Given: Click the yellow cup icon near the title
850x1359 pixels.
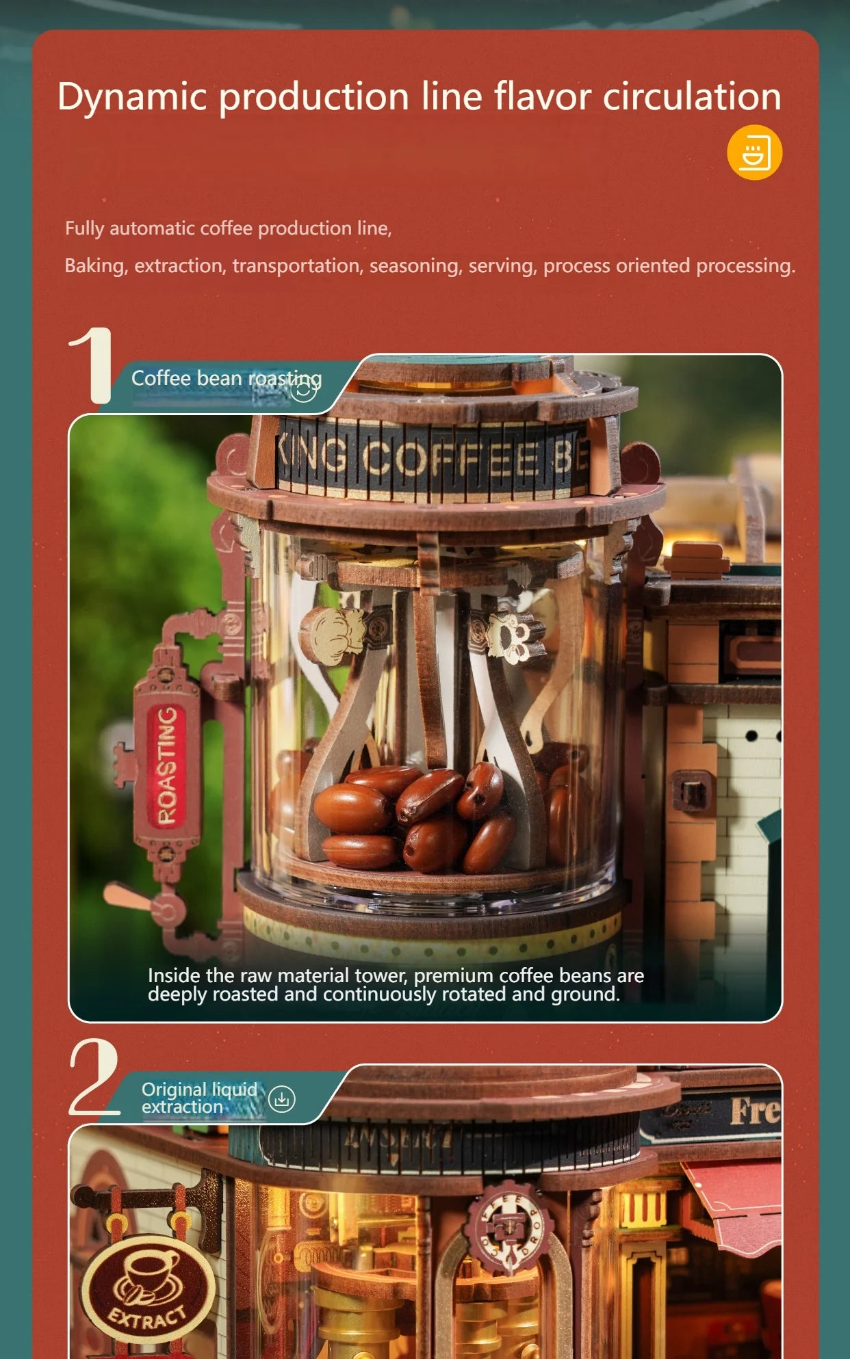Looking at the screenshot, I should pyautogui.click(x=754, y=153).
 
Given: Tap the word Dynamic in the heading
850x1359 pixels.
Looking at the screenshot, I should pyautogui.click(x=131, y=96).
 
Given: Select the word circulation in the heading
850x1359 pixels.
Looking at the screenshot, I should pyautogui.click(x=691, y=96).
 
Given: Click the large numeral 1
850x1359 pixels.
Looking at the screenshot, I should pyautogui.click(x=92, y=365).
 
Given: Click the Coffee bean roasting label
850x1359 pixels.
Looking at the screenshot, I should pyautogui.click(x=226, y=378).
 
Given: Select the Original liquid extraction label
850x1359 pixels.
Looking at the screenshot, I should pyautogui.click(x=198, y=1098).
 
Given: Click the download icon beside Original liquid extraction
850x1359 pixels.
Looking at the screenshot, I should pyautogui.click(x=282, y=1099).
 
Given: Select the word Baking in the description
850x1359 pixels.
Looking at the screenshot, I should pyautogui.click(x=95, y=265).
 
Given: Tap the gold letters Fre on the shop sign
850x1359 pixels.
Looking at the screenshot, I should pyautogui.click(x=754, y=1111).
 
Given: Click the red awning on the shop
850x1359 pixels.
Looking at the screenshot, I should pyautogui.click(x=736, y=1204).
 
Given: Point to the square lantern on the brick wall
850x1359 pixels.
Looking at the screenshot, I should pyautogui.click(x=693, y=792).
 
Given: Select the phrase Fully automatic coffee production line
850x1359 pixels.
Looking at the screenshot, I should pyautogui.click(x=228, y=228).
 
